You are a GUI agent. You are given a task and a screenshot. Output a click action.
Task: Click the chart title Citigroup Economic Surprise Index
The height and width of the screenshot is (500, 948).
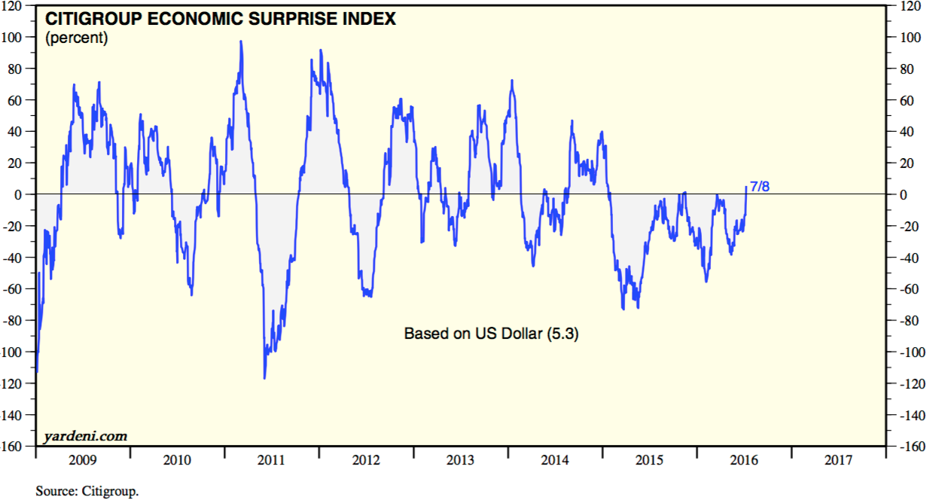(221, 19)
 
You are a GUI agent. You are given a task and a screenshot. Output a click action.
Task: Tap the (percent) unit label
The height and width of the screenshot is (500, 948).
(77, 38)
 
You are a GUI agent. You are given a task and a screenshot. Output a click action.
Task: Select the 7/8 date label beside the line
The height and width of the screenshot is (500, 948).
(760, 186)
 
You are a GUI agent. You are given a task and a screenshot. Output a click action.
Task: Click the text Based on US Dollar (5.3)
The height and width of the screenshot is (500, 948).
(491, 333)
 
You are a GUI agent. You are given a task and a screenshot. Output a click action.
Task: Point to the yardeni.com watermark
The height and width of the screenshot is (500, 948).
(85, 436)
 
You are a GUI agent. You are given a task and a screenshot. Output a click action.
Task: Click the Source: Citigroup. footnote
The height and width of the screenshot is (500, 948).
(87, 492)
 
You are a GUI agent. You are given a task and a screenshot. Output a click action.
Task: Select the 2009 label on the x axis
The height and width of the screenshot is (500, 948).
(83, 459)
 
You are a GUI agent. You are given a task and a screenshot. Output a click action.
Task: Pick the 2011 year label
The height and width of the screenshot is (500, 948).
(271, 459)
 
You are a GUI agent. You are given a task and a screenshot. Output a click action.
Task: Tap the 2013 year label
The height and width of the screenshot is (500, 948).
(460, 459)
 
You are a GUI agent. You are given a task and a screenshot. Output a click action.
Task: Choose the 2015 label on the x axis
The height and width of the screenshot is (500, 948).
(648, 459)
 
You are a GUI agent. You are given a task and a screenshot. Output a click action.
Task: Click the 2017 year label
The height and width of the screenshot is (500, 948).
(837, 459)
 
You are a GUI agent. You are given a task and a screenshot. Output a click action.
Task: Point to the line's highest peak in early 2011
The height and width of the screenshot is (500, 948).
(241, 41)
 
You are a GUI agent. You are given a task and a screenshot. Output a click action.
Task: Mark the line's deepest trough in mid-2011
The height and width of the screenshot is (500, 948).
(264, 378)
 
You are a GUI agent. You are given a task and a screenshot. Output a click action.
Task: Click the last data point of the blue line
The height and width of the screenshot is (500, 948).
(746, 186)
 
